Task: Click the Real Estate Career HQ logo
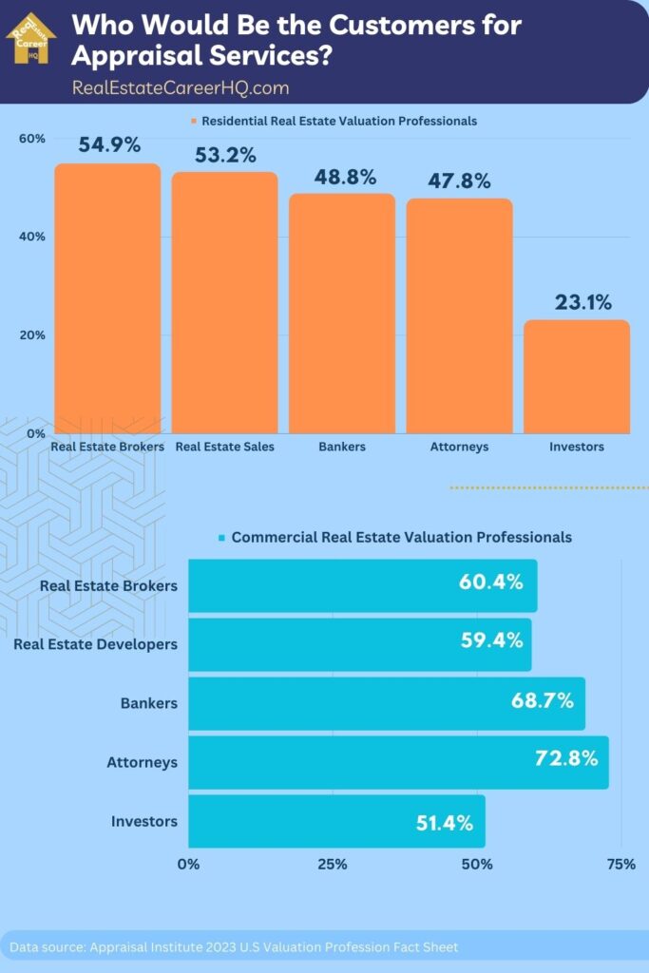pos(30,37)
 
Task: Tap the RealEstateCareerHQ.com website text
pos(181,87)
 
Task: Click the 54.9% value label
pos(109,145)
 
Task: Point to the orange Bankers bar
pos(341,314)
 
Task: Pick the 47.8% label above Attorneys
pos(459,181)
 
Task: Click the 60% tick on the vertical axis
pos(32,139)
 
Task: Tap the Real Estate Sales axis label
pos(225,447)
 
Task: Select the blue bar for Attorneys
pos(398,762)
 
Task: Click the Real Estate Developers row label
pos(95,644)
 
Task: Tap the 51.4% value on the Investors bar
pos(444,823)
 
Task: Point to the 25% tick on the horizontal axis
pos(333,864)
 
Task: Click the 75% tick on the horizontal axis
pos(620,864)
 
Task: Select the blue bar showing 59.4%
pos(359,644)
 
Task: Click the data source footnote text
pos(234,947)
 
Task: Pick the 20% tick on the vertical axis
pos(32,335)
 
